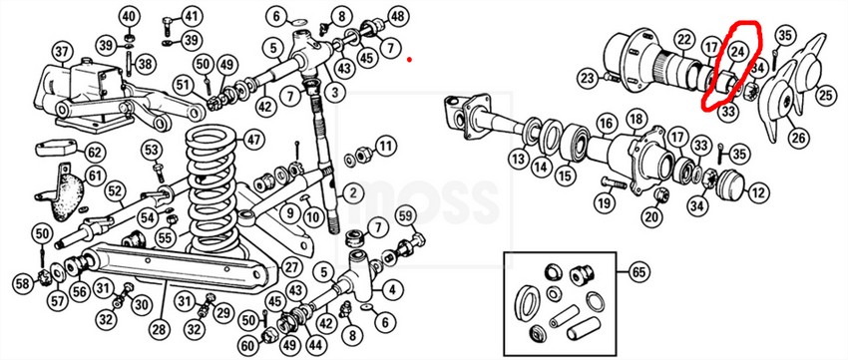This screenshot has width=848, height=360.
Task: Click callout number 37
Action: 63,53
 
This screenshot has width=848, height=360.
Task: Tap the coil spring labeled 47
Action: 212,190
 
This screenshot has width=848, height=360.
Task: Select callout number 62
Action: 94,154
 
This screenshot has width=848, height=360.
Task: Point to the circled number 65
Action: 639,272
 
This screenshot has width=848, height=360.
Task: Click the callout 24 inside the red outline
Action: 736,51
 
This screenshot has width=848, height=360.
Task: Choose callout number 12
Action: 759,191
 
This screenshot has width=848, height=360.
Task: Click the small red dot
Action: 409,60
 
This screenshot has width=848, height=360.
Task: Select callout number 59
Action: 406,216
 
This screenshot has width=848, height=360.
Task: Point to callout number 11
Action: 384,146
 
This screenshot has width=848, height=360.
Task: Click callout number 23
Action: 589,80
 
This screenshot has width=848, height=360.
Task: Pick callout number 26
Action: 798,139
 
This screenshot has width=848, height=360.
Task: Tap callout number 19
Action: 605,203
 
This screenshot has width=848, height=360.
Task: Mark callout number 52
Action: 115,190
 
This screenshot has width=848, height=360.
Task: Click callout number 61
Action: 95,177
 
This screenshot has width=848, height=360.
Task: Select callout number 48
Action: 397,16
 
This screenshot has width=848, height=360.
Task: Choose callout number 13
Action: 519,160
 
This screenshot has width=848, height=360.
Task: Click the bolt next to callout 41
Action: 168,25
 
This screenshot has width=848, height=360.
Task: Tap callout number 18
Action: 636,119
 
